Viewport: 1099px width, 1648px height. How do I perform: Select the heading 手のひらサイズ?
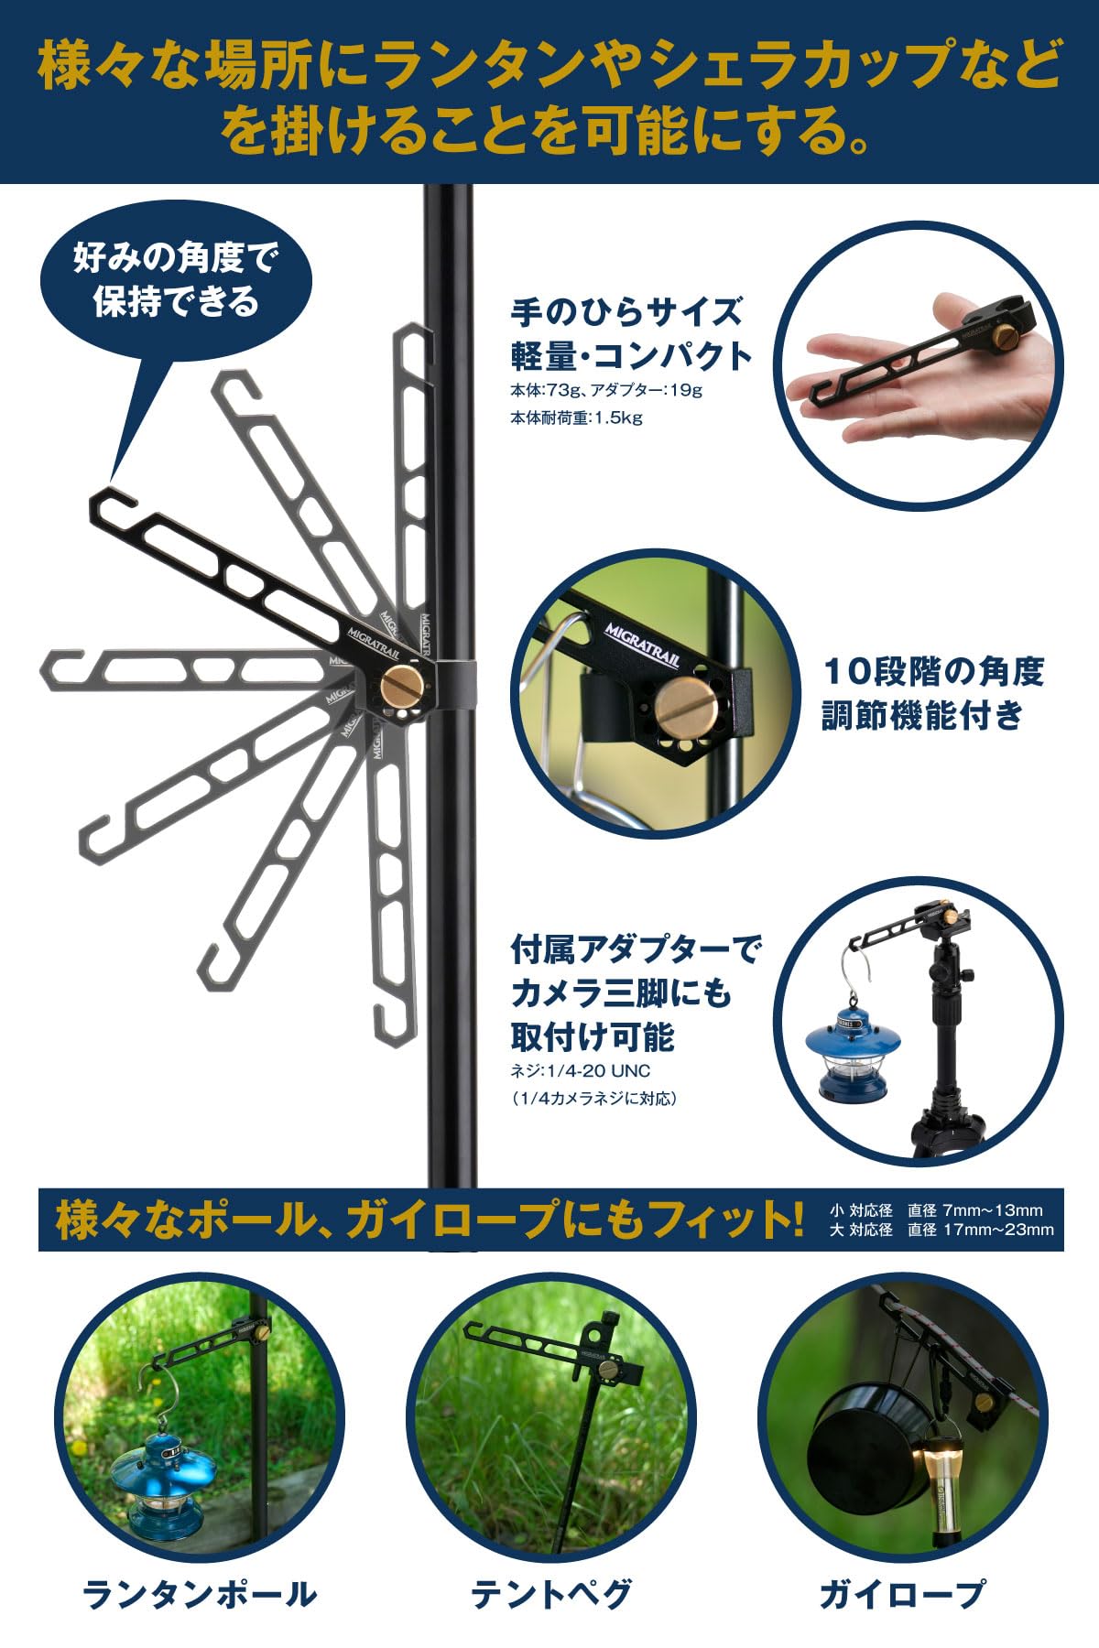pyautogui.click(x=626, y=311)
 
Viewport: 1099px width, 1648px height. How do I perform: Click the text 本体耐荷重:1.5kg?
pyautogui.click(x=576, y=418)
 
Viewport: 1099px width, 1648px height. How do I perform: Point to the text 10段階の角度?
pyautogui.click(x=933, y=672)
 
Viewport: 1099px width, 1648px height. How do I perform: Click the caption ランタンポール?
pyautogui.click(x=200, y=1594)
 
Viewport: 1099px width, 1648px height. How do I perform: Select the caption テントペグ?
pyautogui.click(x=550, y=1594)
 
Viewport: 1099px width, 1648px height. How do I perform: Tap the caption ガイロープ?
pyautogui.click(x=902, y=1594)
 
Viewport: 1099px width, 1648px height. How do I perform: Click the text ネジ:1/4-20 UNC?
pyautogui.click(x=581, y=1070)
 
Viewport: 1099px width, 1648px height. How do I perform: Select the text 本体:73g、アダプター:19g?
pyautogui.click(x=605, y=390)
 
